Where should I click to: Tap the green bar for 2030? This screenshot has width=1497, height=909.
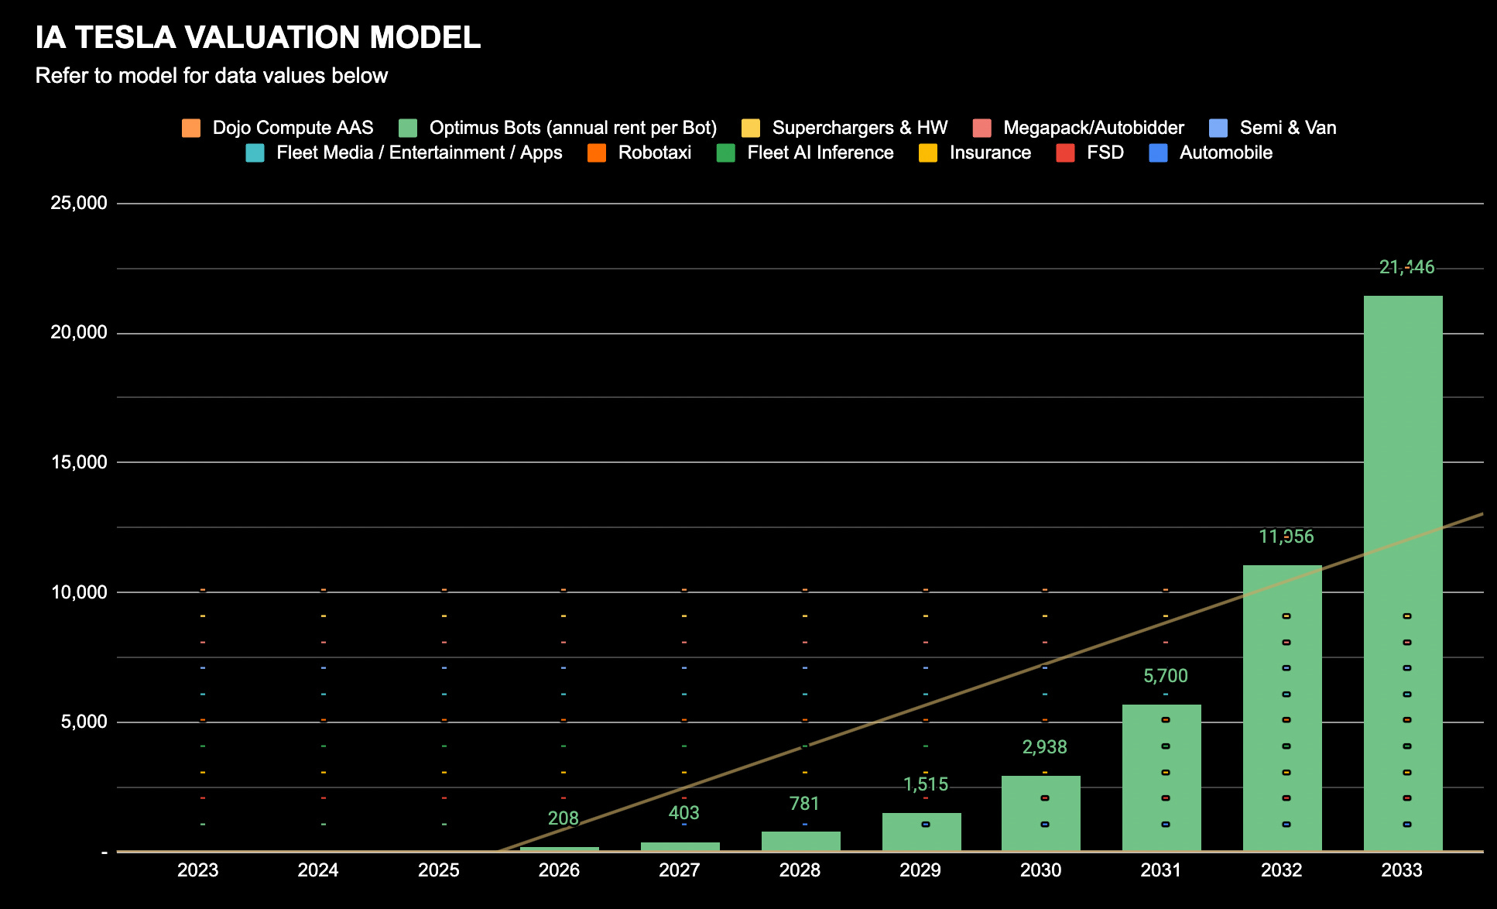click(x=1040, y=813)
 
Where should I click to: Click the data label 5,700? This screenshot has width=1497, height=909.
click(x=1165, y=676)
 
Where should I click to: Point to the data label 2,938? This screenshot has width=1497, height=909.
click(x=1044, y=747)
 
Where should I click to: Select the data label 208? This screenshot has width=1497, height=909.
click(x=563, y=818)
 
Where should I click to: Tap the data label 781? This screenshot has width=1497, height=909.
click(x=804, y=804)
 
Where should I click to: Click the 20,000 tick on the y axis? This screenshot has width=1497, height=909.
click(x=78, y=333)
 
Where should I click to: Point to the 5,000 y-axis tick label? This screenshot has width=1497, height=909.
click(x=83, y=722)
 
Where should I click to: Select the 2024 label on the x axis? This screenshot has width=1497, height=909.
click(x=318, y=870)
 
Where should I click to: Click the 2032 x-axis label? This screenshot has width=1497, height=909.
click(x=1281, y=870)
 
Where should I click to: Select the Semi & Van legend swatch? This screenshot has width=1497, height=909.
click(x=1218, y=128)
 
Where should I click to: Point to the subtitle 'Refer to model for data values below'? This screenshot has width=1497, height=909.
click(x=211, y=76)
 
